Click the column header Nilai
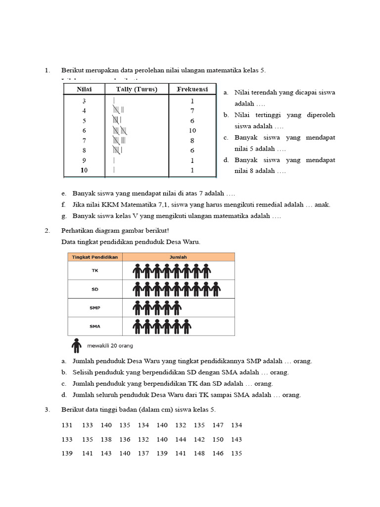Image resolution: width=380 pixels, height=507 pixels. (x=84, y=90)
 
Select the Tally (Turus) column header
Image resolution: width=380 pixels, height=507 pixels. (x=137, y=90)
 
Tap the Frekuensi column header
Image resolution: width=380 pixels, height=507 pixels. (x=192, y=90)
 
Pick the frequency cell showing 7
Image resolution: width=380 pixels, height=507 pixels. (x=192, y=110)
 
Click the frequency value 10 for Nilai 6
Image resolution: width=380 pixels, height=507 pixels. (x=192, y=131)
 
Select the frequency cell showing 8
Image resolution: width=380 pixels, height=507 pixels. (x=192, y=141)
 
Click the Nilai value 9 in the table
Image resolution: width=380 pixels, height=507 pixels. (x=84, y=160)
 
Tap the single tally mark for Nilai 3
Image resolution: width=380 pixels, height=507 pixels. (x=114, y=101)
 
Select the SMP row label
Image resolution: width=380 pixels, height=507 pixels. (x=95, y=308)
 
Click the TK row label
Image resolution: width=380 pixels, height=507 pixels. (x=95, y=271)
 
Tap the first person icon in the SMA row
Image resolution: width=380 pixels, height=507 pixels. (x=138, y=326)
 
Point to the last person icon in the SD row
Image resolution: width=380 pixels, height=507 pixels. (x=216, y=289)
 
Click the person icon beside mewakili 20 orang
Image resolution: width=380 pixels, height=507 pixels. (x=76, y=345)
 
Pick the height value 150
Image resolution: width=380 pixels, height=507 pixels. (x=218, y=440)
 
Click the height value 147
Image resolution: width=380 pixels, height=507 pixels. (x=218, y=425)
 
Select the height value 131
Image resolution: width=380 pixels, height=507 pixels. (x=67, y=425)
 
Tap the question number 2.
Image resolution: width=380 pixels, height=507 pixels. (x=47, y=231)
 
